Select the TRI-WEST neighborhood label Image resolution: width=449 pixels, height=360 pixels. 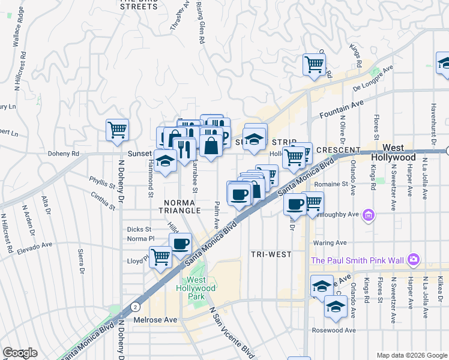[x=271, y=254]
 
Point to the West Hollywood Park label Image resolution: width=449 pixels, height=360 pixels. [x=201, y=288]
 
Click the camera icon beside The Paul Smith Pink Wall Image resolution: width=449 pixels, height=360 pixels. [x=413, y=260]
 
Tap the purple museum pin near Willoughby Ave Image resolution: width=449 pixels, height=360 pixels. [x=369, y=214]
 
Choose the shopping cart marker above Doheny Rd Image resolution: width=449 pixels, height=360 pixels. [x=118, y=130]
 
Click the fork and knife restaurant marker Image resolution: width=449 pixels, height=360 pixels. [x=185, y=147]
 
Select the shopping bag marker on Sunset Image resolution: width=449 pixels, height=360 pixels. [x=211, y=145]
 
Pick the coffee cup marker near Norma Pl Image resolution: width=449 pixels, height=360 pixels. [x=180, y=243]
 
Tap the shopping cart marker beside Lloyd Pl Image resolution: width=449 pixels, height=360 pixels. [x=160, y=257]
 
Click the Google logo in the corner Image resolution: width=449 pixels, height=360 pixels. [x=20, y=353]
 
